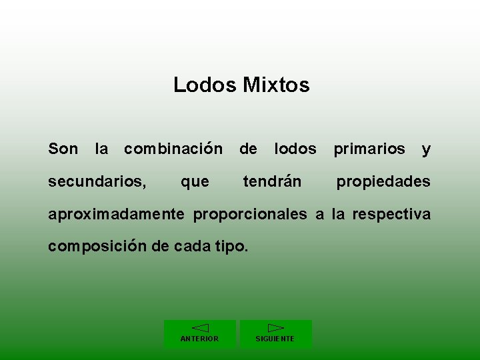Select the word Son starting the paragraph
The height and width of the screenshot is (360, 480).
tap(63, 149)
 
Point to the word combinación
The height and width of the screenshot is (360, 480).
tap(173, 149)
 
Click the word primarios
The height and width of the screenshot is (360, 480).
tap(369, 149)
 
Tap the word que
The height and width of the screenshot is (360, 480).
tap(195, 182)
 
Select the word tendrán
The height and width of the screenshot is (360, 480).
tap(272, 181)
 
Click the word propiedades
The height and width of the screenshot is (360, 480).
tap(383, 182)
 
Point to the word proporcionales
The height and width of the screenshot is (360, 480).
tap(250, 215)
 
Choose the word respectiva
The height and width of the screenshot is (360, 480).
tap(391, 215)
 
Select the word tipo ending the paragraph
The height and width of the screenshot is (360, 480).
tap(231, 246)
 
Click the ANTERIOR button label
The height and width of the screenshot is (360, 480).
tap(199, 339)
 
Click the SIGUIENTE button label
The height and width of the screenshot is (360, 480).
tap(275, 339)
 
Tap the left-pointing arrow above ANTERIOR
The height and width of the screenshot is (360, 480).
tap(200, 327)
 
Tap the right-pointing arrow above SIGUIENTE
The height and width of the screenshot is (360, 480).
tap(275, 327)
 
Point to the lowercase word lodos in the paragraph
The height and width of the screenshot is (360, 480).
tap(295, 149)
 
